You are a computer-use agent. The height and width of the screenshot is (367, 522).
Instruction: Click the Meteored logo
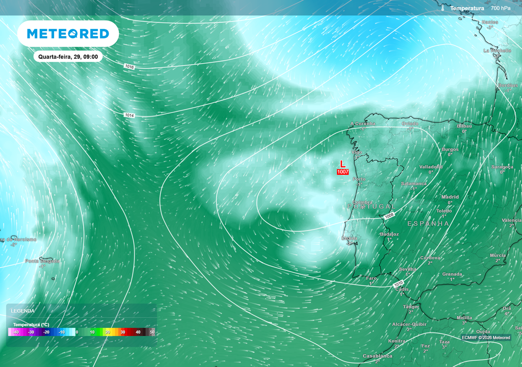pyautogui.click(x=68, y=34)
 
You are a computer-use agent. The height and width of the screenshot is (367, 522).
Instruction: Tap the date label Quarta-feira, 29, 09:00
pyautogui.click(x=68, y=57)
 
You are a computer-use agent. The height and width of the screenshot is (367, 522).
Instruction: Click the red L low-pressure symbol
pyautogui.click(x=343, y=164)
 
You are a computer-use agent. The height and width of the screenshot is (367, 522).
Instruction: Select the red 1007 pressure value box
pyautogui.click(x=343, y=172)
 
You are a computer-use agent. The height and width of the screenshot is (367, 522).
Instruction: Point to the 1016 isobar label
pyautogui.click(x=129, y=67)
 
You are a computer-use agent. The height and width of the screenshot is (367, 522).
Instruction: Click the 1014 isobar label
pyautogui.click(x=129, y=116)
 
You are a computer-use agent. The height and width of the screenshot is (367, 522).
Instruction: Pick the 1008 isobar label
pyautogui.click(x=389, y=216)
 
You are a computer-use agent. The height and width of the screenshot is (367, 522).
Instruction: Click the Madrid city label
pyautogui.click(x=450, y=197)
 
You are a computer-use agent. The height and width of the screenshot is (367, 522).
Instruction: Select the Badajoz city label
pyautogui.click(x=389, y=234)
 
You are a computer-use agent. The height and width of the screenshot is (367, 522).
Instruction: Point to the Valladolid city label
pyautogui.click(x=431, y=167)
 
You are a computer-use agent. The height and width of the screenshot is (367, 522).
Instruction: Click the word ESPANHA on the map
pyautogui.click(x=428, y=224)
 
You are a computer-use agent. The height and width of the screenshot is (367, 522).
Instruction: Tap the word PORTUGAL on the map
pyautogui.click(x=371, y=206)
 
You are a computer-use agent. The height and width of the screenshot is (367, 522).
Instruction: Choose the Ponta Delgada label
pyautogui.click(x=42, y=261)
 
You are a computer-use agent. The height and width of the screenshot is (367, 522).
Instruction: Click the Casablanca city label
pyautogui.click(x=377, y=356)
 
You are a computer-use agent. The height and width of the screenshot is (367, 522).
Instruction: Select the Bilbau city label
pyautogui.click(x=464, y=125)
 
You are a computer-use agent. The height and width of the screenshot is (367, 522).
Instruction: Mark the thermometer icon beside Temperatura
pyautogui.click(x=443, y=9)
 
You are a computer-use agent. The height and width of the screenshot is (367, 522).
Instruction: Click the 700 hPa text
pyautogui.click(x=501, y=9)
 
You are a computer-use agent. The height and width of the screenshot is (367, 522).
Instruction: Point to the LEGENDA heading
pyautogui.click(x=23, y=310)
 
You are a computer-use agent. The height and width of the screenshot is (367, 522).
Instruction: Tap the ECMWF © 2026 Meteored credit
pyautogui.click(x=486, y=337)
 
